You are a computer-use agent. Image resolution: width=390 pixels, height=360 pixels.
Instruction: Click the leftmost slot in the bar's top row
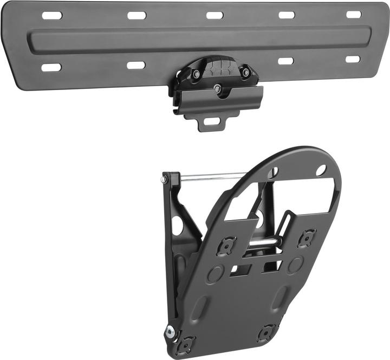(52, 15)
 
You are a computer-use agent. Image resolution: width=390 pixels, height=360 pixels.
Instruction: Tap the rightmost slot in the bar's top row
(354, 15)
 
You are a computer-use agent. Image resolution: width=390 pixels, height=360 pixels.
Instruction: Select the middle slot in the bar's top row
(214, 15)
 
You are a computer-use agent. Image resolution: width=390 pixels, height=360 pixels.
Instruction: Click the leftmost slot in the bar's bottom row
(51, 68)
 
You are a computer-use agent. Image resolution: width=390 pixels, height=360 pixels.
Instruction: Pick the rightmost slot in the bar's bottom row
(353, 59)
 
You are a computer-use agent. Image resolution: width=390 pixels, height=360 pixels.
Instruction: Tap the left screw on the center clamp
(196, 74)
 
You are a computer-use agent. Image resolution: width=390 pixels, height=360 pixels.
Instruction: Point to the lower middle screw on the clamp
(217, 88)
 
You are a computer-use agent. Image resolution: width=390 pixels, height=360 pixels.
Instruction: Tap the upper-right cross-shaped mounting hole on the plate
(307, 237)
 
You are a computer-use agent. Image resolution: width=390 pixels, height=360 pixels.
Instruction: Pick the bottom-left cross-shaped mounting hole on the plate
(186, 343)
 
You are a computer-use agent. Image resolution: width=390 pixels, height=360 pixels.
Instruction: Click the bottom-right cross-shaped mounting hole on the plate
(265, 331)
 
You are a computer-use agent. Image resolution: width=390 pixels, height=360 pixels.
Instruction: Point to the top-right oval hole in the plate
(321, 170)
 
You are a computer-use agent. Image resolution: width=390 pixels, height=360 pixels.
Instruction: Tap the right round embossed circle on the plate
(295, 265)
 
